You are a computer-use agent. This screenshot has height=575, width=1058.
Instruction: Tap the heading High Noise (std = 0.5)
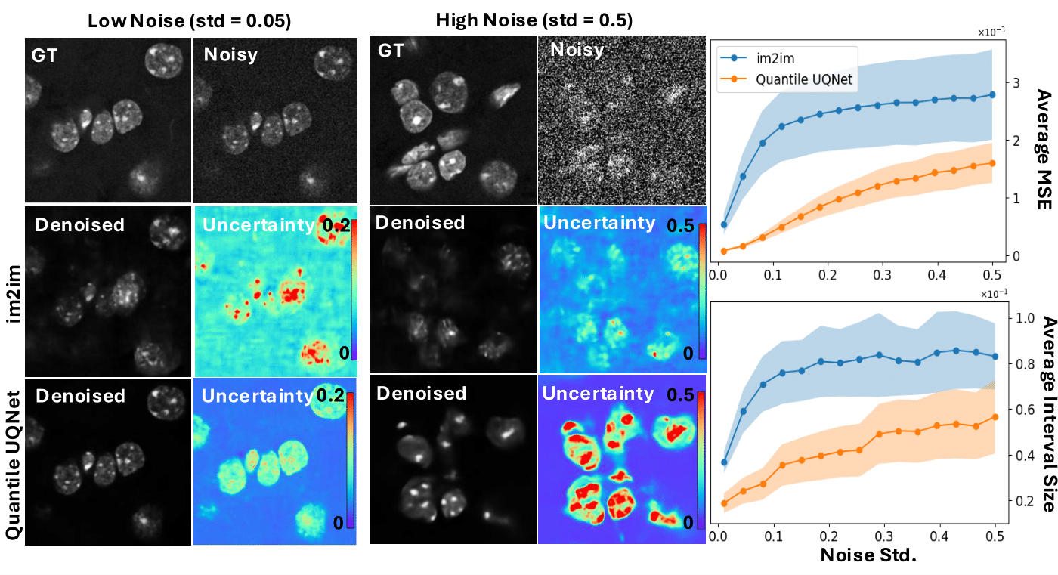point(534,21)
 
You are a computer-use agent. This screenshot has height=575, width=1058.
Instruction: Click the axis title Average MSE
point(1044,144)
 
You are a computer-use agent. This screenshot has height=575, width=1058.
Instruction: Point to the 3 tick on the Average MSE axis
point(1017,82)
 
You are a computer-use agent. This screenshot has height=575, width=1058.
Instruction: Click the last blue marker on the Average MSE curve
point(992,94)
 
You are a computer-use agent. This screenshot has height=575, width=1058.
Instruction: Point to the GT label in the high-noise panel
point(391,51)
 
